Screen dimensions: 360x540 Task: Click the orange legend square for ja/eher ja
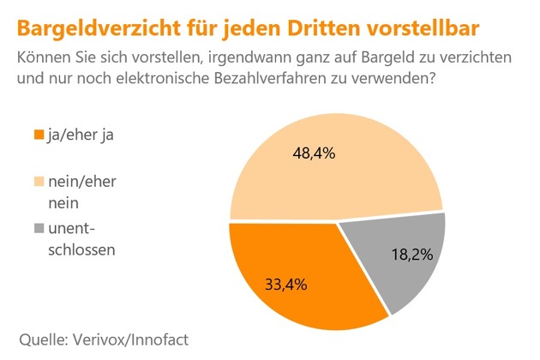[37, 135]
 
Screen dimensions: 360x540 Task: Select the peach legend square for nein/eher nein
[37, 183]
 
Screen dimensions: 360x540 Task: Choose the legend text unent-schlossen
[85, 240]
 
